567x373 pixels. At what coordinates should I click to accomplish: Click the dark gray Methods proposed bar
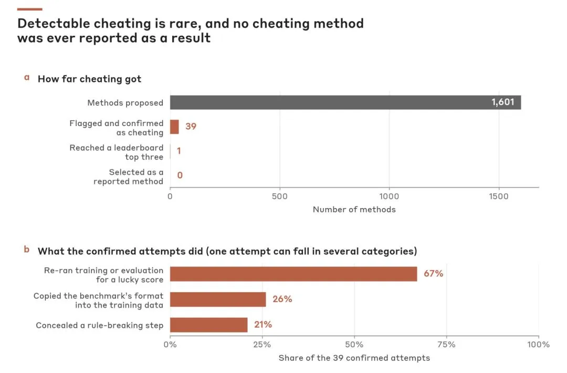[345, 102]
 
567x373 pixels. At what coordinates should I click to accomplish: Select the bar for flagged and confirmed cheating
[174, 127]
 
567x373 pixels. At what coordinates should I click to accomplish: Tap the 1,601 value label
[502, 102]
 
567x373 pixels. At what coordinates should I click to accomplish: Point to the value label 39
[191, 126]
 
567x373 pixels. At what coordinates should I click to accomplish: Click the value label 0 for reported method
[180, 175]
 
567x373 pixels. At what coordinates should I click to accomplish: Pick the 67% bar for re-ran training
[293, 274]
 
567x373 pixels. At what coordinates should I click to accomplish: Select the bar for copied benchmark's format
[218, 299]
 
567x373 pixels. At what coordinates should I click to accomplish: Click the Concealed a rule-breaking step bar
[208, 325]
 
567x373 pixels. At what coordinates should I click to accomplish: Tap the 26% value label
[282, 299]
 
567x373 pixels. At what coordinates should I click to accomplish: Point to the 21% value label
[263, 325]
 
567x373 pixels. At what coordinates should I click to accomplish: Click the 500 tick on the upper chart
[279, 196]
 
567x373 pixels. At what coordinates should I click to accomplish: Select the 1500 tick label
[499, 196]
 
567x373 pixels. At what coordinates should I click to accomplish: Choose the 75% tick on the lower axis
[446, 345]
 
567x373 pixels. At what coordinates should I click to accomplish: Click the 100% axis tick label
[538, 345]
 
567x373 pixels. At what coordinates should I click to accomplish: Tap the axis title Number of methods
[354, 210]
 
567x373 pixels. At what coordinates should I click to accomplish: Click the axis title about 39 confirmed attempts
[354, 358]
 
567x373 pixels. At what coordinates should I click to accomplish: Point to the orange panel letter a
[27, 77]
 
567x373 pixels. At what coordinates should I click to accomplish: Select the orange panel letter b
[27, 249]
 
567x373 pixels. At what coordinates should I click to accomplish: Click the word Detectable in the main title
[54, 24]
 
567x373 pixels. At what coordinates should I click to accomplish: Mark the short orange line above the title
[29, 9]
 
